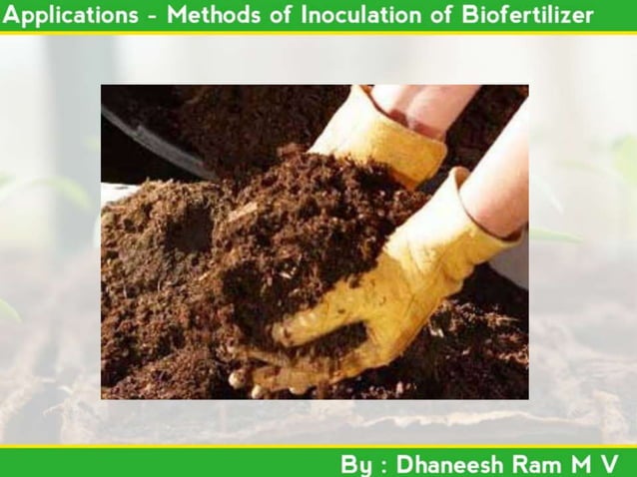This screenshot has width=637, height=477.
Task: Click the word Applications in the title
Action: coord(70,16)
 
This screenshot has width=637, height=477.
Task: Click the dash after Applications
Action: coord(152,17)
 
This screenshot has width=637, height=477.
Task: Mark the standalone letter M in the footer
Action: coord(582,464)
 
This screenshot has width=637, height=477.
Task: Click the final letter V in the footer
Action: coord(610,464)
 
